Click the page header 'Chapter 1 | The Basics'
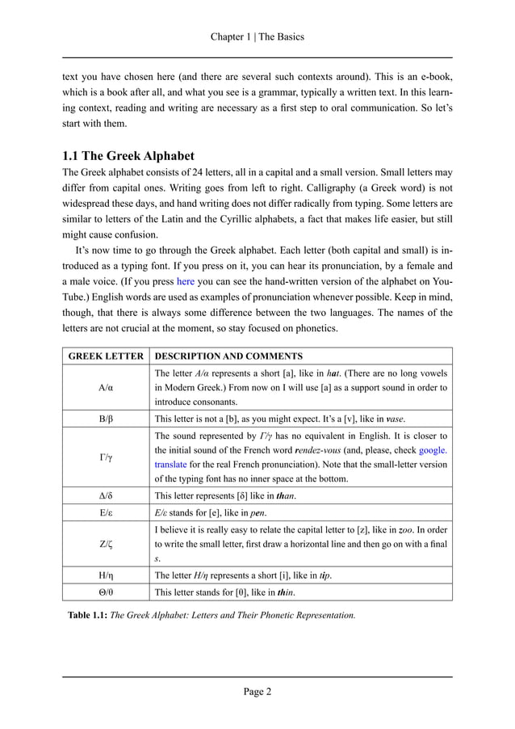click(x=257, y=37)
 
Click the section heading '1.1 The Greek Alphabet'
click(x=128, y=155)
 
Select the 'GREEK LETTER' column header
click(x=106, y=356)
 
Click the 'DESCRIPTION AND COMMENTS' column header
click(x=228, y=356)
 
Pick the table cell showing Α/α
click(x=106, y=387)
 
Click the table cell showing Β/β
click(x=106, y=419)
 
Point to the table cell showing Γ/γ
click(x=106, y=457)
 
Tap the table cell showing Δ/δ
click(x=106, y=494)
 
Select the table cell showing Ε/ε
click(x=106, y=512)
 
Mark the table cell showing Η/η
click(x=106, y=575)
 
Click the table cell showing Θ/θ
click(x=106, y=592)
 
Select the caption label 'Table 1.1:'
click(x=87, y=615)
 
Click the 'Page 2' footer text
click(x=257, y=691)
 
